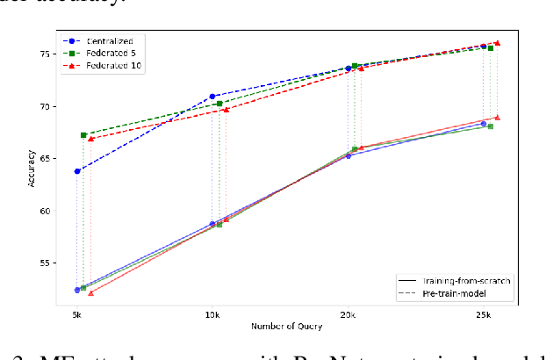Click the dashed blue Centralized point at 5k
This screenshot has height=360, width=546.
(77, 171)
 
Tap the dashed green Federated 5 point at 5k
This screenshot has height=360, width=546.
(83, 135)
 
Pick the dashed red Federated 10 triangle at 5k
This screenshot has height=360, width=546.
(90, 139)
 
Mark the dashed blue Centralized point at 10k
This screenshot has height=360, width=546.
(212, 97)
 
